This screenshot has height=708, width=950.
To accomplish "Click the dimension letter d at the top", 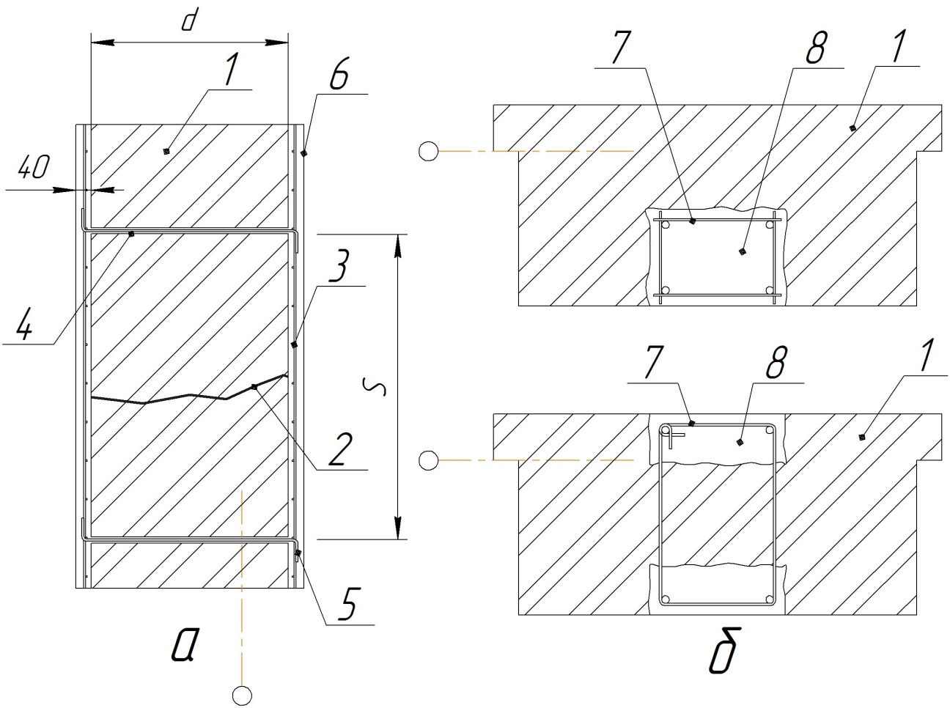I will (188, 21).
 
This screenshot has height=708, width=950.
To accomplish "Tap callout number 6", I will (340, 75).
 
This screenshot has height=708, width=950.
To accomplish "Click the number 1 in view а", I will (230, 71).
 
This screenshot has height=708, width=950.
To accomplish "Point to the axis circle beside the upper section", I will (429, 152).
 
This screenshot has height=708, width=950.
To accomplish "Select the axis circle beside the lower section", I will (429, 460).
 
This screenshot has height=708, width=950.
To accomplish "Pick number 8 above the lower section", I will (778, 363).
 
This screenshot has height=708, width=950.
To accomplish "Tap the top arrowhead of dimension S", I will (397, 245).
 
